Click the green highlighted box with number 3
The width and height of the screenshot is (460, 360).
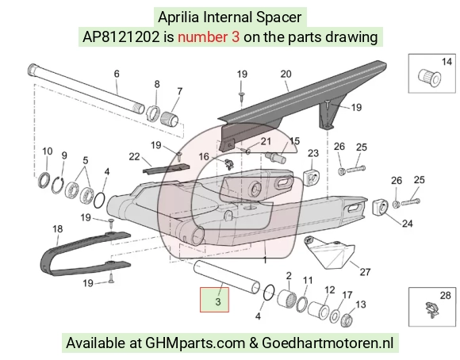pyautogui.click(x=214, y=300)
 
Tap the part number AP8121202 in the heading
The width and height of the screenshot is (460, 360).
pyautogui.click(x=121, y=37)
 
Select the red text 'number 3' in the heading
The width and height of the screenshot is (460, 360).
pyautogui.click(x=209, y=37)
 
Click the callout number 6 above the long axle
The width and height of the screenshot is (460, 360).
pyautogui.click(x=117, y=74)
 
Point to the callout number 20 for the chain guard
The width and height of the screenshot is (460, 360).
pyautogui.click(x=286, y=74)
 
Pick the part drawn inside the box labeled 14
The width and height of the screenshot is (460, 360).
pyautogui.click(x=429, y=77)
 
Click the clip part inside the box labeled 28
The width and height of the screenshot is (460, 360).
pyautogui.click(x=431, y=310)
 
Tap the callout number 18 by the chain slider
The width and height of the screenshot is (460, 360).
pyautogui.click(x=58, y=229)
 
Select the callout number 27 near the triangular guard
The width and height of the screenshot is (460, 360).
pyautogui.click(x=365, y=272)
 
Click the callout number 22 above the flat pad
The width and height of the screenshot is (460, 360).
pyautogui.click(x=134, y=157)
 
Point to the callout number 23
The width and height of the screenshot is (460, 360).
pyautogui.click(x=313, y=153)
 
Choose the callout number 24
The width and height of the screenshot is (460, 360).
pyautogui.click(x=407, y=224)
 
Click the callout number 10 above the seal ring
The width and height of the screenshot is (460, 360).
pyautogui.click(x=48, y=151)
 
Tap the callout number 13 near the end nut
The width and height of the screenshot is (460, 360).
pyautogui.click(x=361, y=304)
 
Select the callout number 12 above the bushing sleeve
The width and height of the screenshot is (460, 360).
pyautogui.click(x=330, y=290)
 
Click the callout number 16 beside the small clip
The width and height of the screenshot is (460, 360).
pyautogui.click(x=204, y=157)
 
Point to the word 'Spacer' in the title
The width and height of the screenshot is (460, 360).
pyautogui.click(x=278, y=17)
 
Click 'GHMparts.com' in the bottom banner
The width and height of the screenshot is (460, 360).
pyautogui.click(x=195, y=343)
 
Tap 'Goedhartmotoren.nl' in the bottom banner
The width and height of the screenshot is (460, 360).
pyautogui.click(x=328, y=343)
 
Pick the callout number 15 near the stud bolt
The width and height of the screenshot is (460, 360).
pyautogui.click(x=294, y=141)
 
